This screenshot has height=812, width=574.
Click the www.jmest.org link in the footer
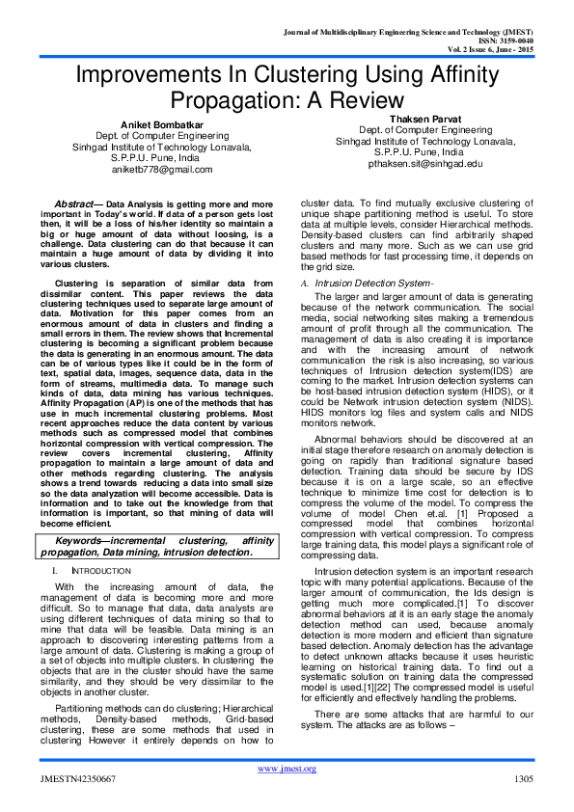tap(287, 769)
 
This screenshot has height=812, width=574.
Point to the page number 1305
tap(524, 778)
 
